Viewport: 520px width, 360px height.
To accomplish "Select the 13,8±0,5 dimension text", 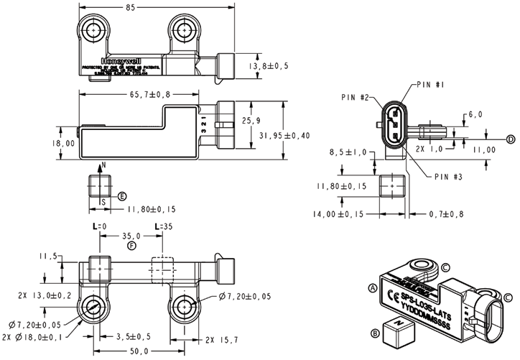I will (x=269, y=65).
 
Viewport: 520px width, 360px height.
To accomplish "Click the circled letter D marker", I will (x=511, y=139).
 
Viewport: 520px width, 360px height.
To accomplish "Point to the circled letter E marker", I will (x=122, y=196).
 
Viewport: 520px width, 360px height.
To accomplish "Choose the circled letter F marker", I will (x=131, y=246).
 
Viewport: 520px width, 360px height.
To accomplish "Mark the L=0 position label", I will (x=98, y=226).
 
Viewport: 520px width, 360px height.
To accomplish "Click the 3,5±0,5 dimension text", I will (x=134, y=336).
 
